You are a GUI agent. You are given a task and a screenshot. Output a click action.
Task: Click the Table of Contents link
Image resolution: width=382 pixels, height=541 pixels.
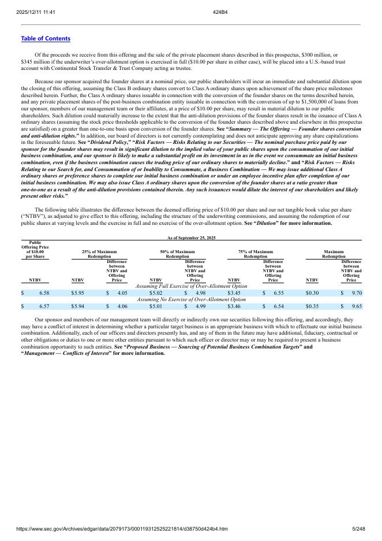(x=46, y=39)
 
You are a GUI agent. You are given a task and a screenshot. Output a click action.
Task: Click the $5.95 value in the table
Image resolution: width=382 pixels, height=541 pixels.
(x=77, y=293)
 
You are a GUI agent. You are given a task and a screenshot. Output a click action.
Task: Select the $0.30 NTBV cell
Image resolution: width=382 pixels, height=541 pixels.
(x=313, y=293)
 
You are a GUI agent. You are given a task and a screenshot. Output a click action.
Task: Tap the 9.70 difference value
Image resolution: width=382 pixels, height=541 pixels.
(x=357, y=293)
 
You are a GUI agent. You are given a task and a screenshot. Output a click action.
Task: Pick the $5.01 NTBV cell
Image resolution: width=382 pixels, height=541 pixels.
(x=156, y=306)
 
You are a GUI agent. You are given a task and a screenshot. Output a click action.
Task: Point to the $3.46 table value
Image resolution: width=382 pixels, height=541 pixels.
(x=234, y=306)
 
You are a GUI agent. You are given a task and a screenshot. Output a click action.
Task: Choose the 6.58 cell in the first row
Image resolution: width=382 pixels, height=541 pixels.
(x=44, y=293)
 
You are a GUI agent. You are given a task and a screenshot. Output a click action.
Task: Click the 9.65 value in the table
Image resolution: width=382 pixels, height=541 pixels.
(x=357, y=306)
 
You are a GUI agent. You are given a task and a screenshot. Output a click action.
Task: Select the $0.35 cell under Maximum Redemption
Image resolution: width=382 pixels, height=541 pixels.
(x=313, y=306)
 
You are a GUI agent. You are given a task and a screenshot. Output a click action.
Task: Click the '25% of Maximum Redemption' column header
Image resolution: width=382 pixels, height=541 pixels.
(x=99, y=254)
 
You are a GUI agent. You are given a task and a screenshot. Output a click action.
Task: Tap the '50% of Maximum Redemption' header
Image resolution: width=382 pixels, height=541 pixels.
(x=177, y=254)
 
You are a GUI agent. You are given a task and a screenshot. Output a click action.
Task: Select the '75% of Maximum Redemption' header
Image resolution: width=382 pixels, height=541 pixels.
(x=256, y=254)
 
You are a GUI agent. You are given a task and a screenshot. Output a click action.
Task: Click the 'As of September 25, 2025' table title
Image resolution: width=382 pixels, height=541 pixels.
(x=191, y=238)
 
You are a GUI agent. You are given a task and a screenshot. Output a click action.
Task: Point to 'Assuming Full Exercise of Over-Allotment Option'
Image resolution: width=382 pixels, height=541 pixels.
(x=191, y=286)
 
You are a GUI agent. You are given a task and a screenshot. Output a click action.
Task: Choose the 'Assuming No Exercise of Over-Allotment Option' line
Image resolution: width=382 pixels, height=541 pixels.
(x=191, y=299)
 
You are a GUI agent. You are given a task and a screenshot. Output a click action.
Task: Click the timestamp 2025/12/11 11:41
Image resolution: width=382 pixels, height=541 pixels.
(x=32, y=12)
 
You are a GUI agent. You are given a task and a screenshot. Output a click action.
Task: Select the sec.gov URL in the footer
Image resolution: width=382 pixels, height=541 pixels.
(x=122, y=529)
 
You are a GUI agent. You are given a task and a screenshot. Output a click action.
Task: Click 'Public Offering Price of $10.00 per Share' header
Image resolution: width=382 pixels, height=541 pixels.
(x=35, y=250)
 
